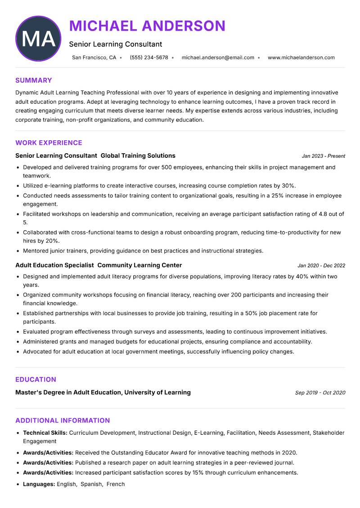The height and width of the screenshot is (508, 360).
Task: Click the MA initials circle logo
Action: click(x=38, y=39)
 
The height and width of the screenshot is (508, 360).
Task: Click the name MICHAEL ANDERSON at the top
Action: click(x=147, y=26)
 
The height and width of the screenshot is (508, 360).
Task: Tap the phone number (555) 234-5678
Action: click(x=149, y=58)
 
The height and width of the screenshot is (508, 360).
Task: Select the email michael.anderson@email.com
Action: click(x=218, y=58)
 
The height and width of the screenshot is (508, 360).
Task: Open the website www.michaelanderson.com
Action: click(x=301, y=58)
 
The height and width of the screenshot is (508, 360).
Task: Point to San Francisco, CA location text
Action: click(x=94, y=58)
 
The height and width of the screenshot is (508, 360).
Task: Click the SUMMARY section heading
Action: click(x=34, y=80)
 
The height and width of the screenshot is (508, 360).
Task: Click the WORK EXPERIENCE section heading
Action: click(x=49, y=143)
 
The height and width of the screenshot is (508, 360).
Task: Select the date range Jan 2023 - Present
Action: click(x=323, y=156)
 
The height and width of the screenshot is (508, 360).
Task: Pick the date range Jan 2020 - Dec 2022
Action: click(x=321, y=266)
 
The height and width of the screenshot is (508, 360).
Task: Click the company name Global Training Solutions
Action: click(x=138, y=156)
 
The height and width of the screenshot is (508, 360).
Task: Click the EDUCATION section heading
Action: click(x=36, y=379)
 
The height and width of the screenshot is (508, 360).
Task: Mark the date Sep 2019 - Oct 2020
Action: click(x=320, y=392)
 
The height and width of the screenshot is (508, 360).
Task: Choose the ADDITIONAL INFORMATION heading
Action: click(x=63, y=421)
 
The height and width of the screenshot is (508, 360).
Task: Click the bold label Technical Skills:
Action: click(x=45, y=432)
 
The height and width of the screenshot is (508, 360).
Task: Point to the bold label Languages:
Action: click(x=39, y=484)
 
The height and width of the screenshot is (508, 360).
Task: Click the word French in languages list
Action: click(x=116, y=484)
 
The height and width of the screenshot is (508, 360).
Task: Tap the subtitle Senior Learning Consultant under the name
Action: click(x=116, y=44)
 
